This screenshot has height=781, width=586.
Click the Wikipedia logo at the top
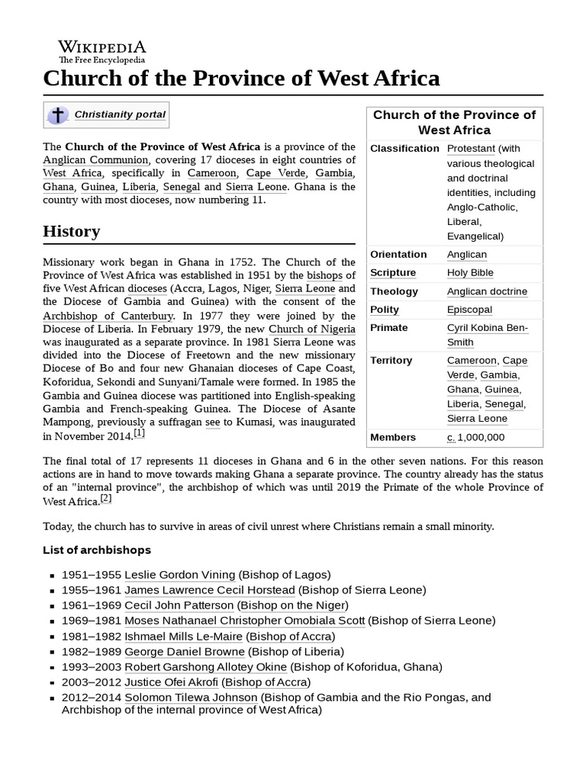(102, 51)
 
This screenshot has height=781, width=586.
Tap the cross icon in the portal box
(58, 115)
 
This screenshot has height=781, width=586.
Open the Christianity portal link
(120, 114)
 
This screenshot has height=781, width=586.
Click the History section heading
(72, 231)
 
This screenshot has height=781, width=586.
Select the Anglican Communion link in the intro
(96, 160)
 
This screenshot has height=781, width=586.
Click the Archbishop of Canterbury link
(108, 316)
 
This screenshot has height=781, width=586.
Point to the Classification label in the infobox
(404, 148)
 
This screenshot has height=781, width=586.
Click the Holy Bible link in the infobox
(470, 273)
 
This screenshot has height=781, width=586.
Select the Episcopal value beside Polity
(469, 310)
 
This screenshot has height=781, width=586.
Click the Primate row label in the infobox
(389, 328)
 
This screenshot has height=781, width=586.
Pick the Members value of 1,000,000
(475, 437)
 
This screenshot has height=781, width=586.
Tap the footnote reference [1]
(140, 433)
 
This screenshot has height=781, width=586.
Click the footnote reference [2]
(106, 499)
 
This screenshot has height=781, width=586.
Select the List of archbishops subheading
(97, 550)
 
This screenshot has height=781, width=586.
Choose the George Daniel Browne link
(185, 651)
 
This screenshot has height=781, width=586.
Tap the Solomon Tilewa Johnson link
(191, 697)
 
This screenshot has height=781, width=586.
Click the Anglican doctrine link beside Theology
(487, 291)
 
